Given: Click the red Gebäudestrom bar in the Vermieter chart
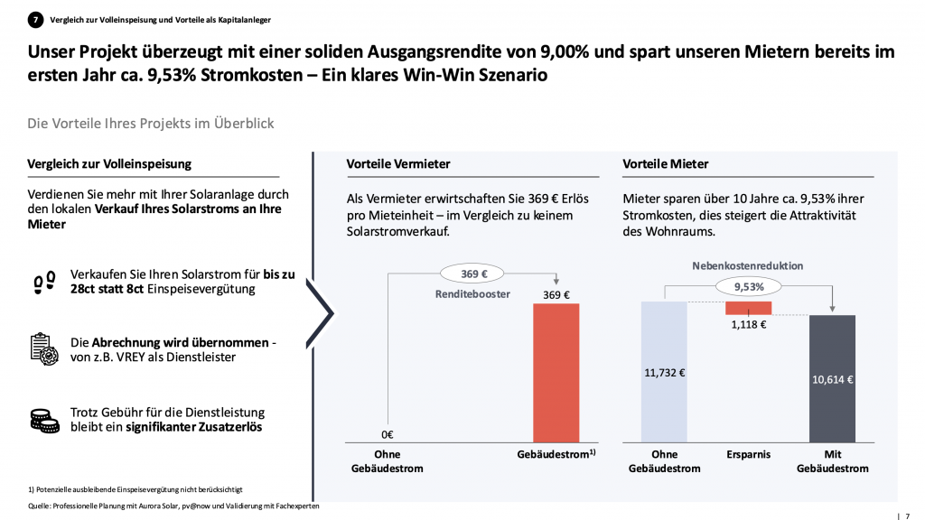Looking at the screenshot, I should [556, 372].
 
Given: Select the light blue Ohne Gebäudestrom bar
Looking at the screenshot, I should [664, 372].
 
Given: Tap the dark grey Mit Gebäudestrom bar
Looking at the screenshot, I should [832, 378].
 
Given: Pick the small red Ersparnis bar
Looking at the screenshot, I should [749, 308].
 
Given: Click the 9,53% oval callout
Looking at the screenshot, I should [748, 287].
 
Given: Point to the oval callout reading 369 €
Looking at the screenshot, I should [468, 272].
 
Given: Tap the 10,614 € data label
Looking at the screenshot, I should [832, 379].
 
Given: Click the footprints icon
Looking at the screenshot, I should [42, 283].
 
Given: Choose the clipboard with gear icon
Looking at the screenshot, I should [42, 348].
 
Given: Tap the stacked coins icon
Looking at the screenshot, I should [42, 420].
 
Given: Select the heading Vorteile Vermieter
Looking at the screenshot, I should [398, 164].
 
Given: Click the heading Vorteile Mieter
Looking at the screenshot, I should [666, 164].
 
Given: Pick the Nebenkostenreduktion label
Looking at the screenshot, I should [748, 266].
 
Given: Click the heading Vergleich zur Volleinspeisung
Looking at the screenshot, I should [109, 164].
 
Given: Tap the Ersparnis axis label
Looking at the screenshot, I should [748, 455].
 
